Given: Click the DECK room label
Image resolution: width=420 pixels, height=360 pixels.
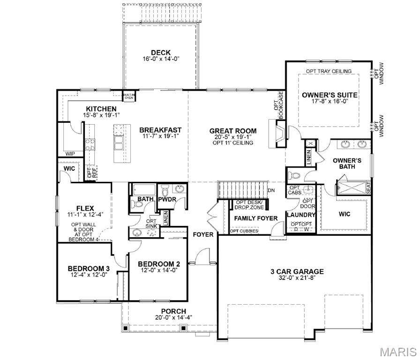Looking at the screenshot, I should pos(160,52).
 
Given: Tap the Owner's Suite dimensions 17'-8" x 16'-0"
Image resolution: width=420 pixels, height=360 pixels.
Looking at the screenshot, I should pos(329,102).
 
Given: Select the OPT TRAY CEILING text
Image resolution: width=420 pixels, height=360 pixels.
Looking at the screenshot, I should pos(329,71).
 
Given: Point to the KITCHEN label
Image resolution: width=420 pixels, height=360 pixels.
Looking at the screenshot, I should pos(101,109).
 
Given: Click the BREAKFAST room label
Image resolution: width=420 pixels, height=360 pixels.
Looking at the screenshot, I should pos(160,130).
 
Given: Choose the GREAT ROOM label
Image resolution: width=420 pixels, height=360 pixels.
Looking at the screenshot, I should pos(232,131).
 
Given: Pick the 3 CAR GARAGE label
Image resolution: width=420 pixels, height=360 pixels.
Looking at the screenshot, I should pos(297,271).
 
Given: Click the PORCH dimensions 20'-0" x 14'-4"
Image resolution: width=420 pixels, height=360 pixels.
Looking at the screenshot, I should pos(173,317).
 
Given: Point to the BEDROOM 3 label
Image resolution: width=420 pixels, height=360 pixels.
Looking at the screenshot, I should pos(89,268).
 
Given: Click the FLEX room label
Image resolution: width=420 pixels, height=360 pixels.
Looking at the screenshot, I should pos(85,208).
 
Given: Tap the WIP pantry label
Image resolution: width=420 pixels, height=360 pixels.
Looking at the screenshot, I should pos(70,153).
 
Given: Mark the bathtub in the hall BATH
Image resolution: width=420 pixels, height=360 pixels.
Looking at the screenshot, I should pos(142,190).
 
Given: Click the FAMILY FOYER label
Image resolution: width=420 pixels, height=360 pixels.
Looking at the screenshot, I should pos(256,218).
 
